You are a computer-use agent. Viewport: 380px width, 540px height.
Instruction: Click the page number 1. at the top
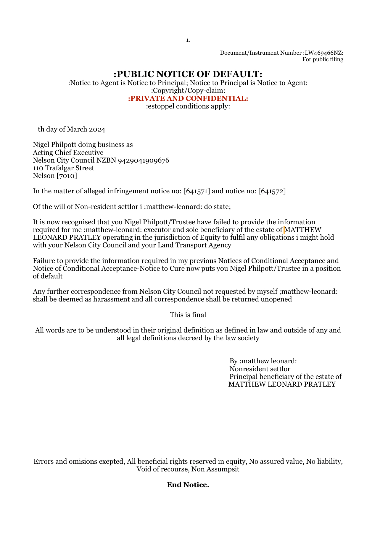click(x=188, y=40)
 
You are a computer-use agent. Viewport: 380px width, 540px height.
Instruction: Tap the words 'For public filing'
click(x=323, y=59)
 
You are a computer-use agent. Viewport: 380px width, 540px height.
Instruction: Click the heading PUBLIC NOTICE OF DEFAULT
click(x=188, y=74)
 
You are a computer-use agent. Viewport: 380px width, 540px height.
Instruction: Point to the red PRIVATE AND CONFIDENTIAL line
click(x=188, y=98)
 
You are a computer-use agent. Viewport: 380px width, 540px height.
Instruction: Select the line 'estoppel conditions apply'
click(x=188, y=106)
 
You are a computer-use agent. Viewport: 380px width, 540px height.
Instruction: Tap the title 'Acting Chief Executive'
click(x=68, y=153)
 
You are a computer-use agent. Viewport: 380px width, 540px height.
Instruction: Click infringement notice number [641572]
click(x=272, y=191)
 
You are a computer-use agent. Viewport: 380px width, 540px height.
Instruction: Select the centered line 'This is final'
click(x=188, y=315)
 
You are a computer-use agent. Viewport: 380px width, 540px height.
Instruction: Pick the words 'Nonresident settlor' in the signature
click(x=260, y=369)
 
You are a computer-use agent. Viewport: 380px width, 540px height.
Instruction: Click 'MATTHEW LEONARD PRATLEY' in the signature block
click(x=282, y=384)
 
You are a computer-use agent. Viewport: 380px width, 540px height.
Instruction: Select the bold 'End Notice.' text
click(x=188, y=485)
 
